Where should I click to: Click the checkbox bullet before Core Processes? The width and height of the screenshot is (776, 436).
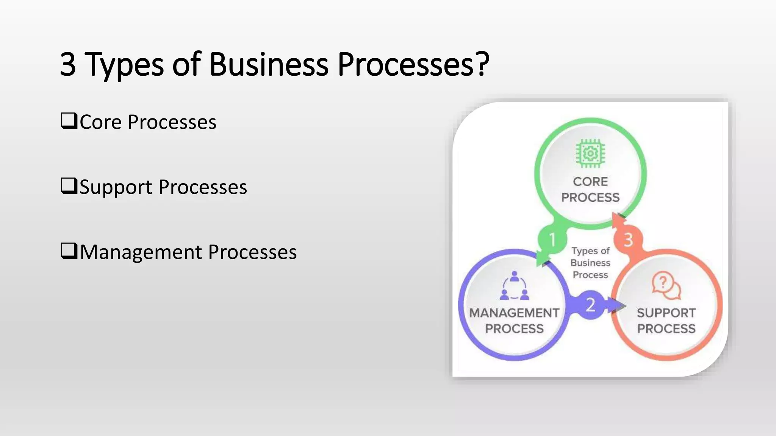tap(69, 121)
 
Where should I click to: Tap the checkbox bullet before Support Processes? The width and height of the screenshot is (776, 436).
tap(69, 186)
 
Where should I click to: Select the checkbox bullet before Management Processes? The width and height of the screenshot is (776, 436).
tap(69, 251)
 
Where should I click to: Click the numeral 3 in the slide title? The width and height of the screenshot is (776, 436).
tap(68, 64)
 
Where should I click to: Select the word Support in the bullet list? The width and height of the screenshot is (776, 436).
tap(116, 187)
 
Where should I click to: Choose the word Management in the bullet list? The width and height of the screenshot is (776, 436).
tap(140, 252)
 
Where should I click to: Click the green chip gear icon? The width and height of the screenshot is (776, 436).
tap(590, 153)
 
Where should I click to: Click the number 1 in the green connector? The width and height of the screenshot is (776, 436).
tap(552, 240)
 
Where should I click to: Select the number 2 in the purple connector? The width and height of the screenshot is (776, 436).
tap(590, 305)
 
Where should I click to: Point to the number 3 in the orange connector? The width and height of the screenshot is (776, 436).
tap(628, 240)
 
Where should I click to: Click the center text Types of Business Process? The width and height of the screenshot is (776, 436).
tap(590, 263)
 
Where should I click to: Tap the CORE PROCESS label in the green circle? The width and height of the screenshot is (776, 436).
tap(590, 189)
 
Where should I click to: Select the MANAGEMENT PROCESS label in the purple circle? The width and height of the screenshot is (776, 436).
tap(514, 321)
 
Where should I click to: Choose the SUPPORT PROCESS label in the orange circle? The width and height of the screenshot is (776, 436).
tap(666, 321)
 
